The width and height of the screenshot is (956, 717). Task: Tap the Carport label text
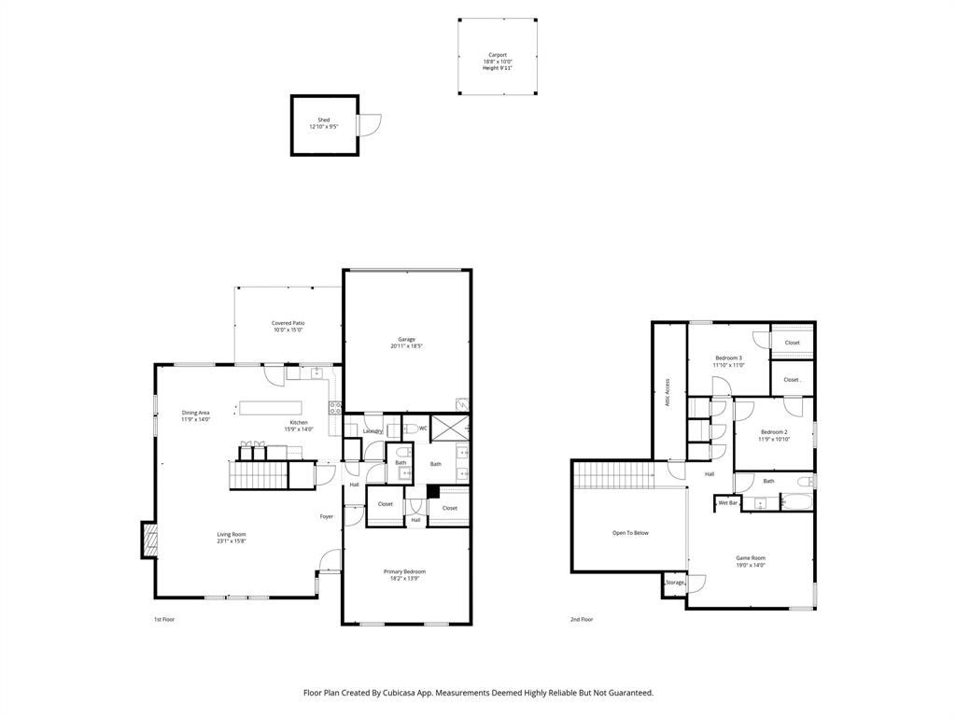click(x=498, y=55)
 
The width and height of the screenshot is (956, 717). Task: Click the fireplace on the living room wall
click(x=148, y=540)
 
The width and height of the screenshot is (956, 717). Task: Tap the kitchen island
click(x=271, y=407)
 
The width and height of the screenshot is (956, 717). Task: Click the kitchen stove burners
click(x=335, y=406)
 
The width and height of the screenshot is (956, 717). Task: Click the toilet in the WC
click(x=409, y=428)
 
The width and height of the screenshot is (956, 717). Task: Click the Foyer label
click(x=327, y=516)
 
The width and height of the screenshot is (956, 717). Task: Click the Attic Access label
click(x=667, y=392)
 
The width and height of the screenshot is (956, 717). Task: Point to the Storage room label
click(x=674, y=583)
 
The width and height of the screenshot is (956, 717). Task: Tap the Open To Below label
click(x=630, y=533)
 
